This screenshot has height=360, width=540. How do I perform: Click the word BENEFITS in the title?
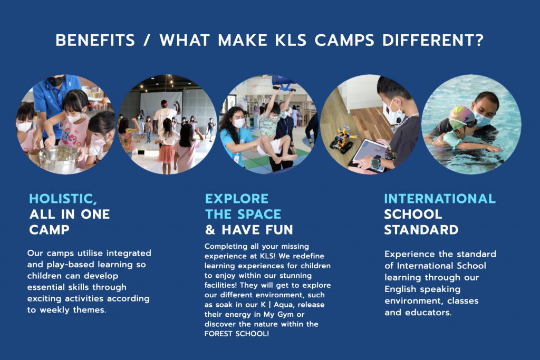click(95, 40)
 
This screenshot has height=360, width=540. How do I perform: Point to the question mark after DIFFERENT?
click(479, 40)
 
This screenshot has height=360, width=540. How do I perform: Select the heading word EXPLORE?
click(237, 199)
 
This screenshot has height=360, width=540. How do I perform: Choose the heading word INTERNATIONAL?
click(440, 199)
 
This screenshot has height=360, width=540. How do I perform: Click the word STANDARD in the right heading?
click(421, 230)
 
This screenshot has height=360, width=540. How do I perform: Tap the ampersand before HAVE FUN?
click(210, 230)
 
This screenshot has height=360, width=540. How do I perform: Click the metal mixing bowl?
click(59, 159)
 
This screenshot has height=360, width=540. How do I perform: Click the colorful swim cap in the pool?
click(461, 115)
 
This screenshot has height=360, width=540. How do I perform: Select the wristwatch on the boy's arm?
click(377, 162)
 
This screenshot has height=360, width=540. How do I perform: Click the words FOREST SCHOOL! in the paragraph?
click(237, 334)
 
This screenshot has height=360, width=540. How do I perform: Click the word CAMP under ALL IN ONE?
click(49, 230)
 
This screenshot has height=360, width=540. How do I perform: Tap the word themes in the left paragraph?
click(90, 310)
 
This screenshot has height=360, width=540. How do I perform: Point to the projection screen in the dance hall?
click(161, 105)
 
